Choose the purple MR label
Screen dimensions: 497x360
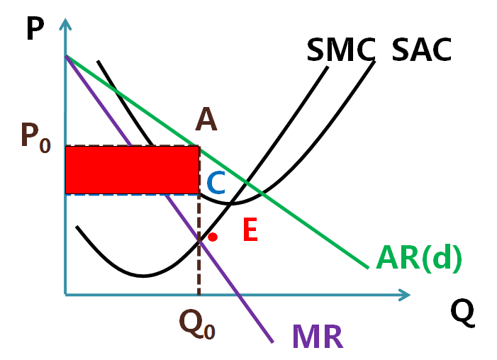(317, 336)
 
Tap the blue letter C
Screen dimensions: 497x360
(216, 184)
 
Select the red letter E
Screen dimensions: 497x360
(250, 231)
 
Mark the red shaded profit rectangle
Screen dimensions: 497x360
(131, 170)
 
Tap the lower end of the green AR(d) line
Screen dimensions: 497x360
(368, 267)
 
